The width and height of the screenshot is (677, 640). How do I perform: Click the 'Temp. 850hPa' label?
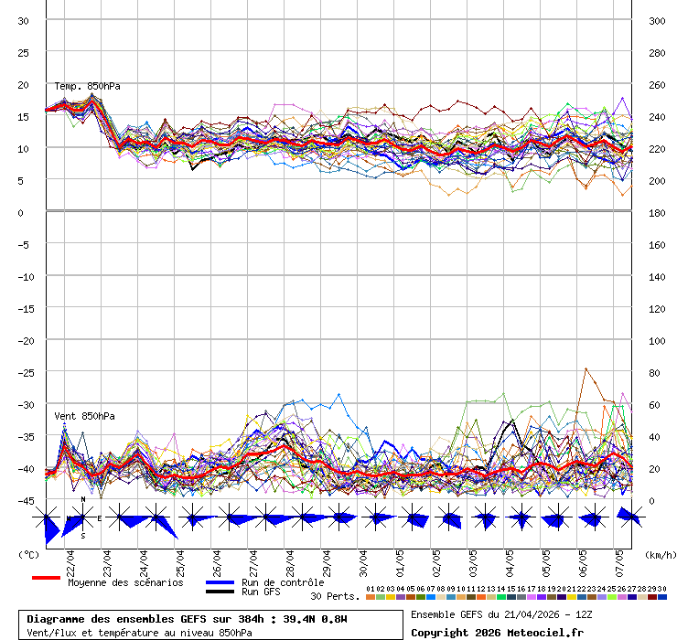coord(87,86)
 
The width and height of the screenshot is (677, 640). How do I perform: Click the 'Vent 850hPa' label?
coord(84,416)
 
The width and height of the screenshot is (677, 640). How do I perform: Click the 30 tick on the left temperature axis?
coord(23,21)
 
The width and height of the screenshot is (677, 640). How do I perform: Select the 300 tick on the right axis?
coord(656,21)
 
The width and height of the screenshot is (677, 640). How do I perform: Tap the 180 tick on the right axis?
coord(656,213)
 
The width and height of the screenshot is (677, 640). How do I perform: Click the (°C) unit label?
coord(28,554)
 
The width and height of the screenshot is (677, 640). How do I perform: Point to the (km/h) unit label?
coord(659,554)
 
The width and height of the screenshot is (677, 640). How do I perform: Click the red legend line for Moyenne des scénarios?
coord(46,578)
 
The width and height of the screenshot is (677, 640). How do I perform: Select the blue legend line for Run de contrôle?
coord(220,581)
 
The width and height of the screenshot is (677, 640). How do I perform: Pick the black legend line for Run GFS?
coord(220,592)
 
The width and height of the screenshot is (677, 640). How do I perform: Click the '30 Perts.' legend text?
coord(335,596)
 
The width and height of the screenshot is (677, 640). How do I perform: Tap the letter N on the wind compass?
coord(83,499)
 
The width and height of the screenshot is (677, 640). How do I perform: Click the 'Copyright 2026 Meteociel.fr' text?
coord(497,632)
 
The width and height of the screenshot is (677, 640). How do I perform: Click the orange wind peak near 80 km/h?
coord(586,368)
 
